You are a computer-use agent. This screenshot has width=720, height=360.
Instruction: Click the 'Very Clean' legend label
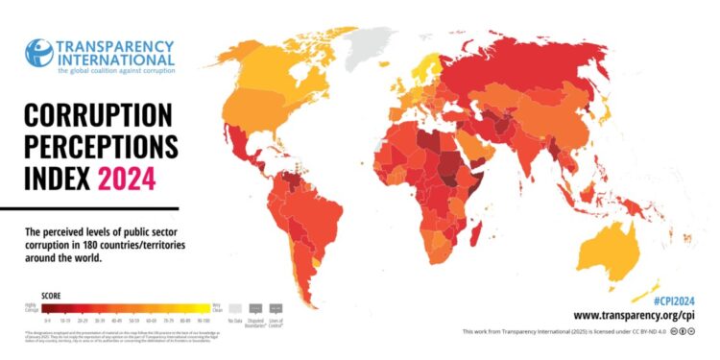click(216, 307)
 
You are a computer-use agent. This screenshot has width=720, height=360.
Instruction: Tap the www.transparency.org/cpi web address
click(635, 315)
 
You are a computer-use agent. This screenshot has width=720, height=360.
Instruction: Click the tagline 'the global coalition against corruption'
click(115, 69)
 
